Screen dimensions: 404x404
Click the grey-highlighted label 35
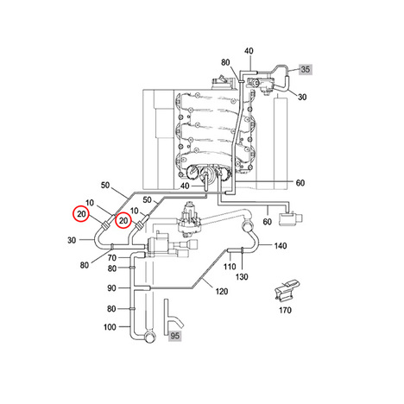(x=305, y=69)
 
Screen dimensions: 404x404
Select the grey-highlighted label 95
(x=174, y=336)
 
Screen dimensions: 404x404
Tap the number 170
(x=285, y=310)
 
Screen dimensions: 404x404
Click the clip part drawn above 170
(x=287, y=290)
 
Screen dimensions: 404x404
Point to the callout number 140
(x=281, y=246)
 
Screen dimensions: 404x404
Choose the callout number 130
(x=242, y=277)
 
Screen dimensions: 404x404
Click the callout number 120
(x=222, y=292)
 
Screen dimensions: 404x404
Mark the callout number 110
(x=230, y=267)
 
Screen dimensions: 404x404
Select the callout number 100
(x=110, y=327)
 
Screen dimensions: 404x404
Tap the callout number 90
(x=111, y=288)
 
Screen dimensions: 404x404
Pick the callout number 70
(x=112, y=257)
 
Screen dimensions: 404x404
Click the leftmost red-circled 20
(x=81, y=214)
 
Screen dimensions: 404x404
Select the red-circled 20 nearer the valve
(x=123, y=220)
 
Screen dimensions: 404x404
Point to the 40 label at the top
(x=249, y=51)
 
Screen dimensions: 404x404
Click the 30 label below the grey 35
(x=302, y=97)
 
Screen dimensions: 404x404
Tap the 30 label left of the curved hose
(x=72, y=240)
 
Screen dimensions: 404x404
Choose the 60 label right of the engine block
(x=300, y=183)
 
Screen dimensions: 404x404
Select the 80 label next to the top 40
(x=225, y=62)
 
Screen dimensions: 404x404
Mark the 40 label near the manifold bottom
(x=185, y=186)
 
